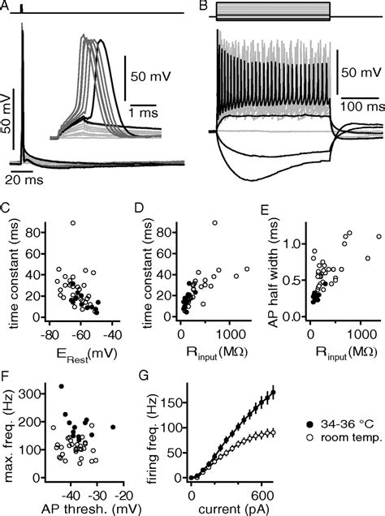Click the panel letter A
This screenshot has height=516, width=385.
6,6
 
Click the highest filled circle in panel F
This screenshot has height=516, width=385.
60,387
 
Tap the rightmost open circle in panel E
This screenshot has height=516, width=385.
378,236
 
